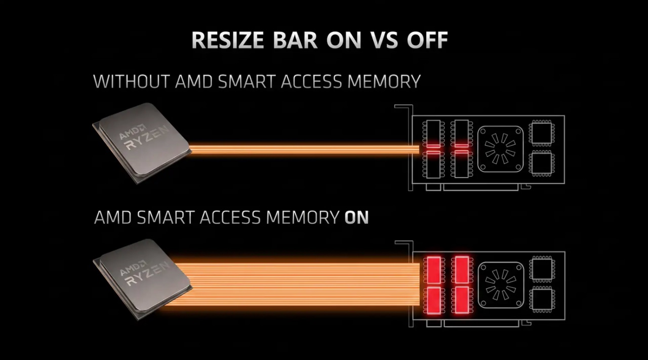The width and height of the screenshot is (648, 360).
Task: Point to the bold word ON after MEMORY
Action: coord(357,217)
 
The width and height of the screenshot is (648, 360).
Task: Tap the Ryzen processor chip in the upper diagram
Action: coord(142,143)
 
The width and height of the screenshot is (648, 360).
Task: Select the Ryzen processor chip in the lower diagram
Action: coord(142,279)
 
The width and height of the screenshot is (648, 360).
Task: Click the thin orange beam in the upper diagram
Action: coord(304,149)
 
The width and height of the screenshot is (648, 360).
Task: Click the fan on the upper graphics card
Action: coord(501,149)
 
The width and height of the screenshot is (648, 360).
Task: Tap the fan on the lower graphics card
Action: coord(501,285)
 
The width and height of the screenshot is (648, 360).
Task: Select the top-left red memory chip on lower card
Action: coord(434,270)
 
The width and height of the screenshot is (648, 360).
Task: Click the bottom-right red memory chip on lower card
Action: coord(462,300)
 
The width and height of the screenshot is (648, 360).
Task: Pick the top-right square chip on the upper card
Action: coord(542,133)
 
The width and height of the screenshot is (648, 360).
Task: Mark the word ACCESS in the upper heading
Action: coord(311,82)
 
